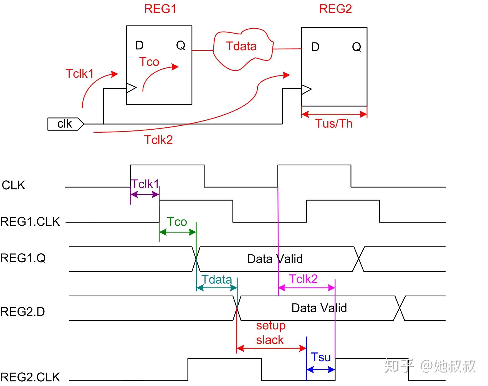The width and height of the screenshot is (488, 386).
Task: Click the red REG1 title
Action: coord(160,9)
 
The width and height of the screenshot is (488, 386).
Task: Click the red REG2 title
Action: coord(335,9)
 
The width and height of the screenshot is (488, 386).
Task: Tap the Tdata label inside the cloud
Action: coord(241,46)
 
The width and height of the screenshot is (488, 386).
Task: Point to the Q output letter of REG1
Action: coord(181,45)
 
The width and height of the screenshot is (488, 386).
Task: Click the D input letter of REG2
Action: coord(315,47)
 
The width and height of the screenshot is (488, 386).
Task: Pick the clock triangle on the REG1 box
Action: coord(131,88)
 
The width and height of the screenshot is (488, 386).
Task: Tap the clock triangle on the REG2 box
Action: coord(306,89)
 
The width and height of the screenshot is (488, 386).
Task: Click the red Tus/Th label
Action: coord(334,123)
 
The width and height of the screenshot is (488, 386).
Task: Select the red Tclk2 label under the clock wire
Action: coord(158,140)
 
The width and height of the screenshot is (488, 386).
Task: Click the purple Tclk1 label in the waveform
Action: coord(145,184)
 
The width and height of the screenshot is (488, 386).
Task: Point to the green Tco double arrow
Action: coord(178,232)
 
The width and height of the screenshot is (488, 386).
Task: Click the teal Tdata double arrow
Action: coord(217,288)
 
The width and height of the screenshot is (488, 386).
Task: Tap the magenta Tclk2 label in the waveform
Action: coord(303,279)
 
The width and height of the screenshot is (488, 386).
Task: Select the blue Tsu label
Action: coord(321,357)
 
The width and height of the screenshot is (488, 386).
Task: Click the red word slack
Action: coord(270,340)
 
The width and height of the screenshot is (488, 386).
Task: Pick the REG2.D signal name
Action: coord(23,312)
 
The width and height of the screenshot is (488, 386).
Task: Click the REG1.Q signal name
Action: coord(23,258)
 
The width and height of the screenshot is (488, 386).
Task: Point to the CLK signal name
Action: coord(13,185)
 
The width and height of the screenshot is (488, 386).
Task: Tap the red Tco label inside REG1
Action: coord(149,62)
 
